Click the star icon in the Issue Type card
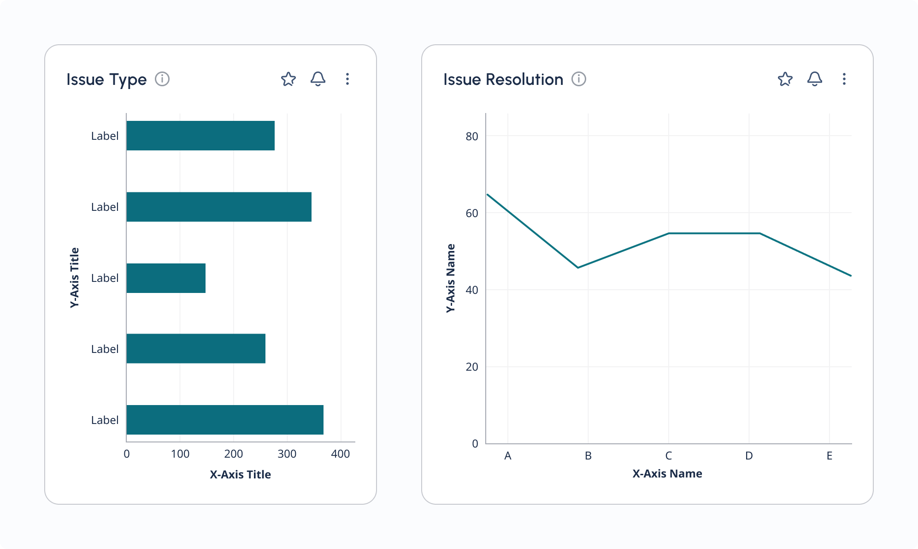(288, 79)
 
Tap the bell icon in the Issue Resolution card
(814, 79)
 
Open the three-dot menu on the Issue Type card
(347, 79)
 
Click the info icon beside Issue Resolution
(579, 79)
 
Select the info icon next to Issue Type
(162, 79)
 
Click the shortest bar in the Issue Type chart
(166, 278)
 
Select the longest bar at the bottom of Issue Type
(225, 420)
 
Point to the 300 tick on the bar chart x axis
(287, 454)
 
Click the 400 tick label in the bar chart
(340, 454)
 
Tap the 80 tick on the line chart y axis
(472, 136)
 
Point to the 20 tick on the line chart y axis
(472, 367)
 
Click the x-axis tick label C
(668, 456)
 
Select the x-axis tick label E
(829, 456)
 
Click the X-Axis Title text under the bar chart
(240, 474)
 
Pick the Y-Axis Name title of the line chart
(451, 278)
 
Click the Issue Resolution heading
(503, 79)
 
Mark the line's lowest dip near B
(578, 268)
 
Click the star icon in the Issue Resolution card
(785, 79)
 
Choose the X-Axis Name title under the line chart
(667, 473)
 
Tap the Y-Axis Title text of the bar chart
(75, 277)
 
